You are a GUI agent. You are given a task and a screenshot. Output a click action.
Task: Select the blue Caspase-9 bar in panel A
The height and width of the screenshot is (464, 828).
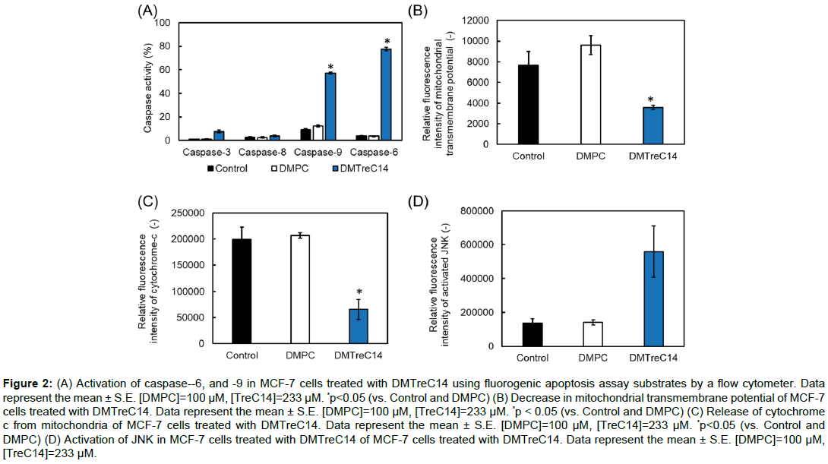pos(330,106)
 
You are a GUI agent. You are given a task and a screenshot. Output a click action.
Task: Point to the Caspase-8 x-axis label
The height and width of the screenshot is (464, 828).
pos(258,153)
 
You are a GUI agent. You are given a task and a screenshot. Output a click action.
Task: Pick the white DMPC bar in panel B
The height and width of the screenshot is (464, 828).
pos(590,94)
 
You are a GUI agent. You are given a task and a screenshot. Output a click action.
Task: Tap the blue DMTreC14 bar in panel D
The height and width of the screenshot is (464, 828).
pos(654,298)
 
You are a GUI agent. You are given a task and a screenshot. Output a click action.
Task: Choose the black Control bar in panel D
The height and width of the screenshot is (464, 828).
pos(533,334)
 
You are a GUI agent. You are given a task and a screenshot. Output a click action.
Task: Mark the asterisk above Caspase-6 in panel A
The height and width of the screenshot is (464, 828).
pos(386,41)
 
